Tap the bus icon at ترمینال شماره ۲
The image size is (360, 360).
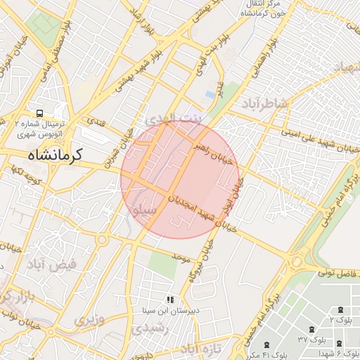click(40, 112)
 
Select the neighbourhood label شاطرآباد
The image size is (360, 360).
click(267, 105)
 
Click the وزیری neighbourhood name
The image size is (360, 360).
click(89, 320)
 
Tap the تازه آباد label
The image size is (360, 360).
click(201, 348)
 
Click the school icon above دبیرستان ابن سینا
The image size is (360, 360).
click(169, 300)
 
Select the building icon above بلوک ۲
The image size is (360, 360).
click(341, 309)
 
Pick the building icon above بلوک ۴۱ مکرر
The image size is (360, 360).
click(266, 345)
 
